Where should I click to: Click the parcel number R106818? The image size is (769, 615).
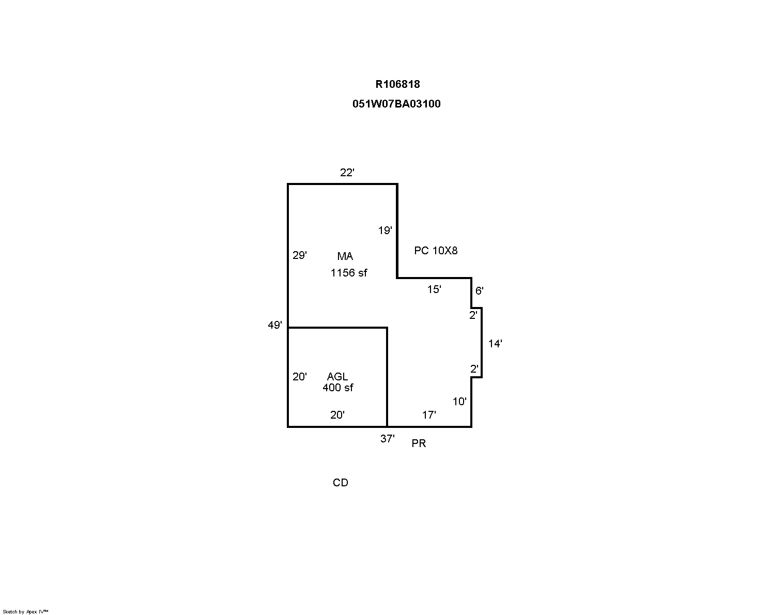[x=397, y=84]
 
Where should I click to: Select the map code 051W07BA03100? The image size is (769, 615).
[x=396, y=104]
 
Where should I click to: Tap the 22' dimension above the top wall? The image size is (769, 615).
[x=347, y=173]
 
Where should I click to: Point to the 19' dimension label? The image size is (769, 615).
[x=385, y=230]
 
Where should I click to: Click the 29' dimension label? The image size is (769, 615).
[x=299, y=255]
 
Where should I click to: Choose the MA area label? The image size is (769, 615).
[x=345, y=256]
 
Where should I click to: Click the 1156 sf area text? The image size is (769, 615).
[x=349, y=273]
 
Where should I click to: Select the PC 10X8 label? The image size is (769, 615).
[x=436, y=251]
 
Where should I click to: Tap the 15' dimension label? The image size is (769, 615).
[x=434, y=289]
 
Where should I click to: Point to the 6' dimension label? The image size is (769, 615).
[x=479, y=291]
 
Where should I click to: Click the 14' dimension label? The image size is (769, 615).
[x=495, y=344]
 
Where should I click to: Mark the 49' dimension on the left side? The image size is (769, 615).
[x=275, y=325]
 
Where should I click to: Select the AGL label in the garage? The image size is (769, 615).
[x=337, y=377]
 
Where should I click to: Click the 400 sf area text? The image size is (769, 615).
[x=337, y=388]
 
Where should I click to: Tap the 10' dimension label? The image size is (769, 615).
[x=459, y=402]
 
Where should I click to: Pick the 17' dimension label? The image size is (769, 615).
[x=429, y=415]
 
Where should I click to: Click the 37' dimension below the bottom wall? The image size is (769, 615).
[x=388, y=439]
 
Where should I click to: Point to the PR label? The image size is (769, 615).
[x=419, y=443]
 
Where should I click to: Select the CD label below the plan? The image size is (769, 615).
[x=340, y=483]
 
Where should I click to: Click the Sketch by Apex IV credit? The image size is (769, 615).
[x=25, y=611]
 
